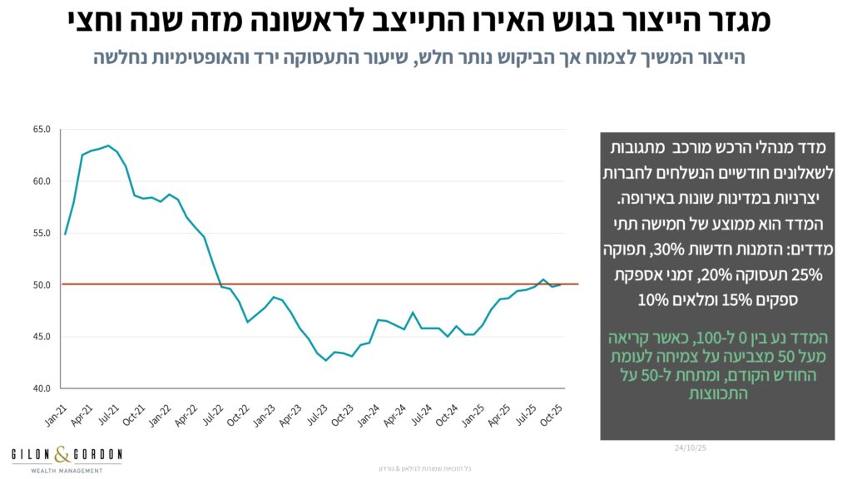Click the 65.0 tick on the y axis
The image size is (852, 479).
pyautogui.click(x=41, y=130)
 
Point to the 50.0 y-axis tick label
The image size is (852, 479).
pyautogui.click(x=41, y=285)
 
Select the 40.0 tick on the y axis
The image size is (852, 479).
pyautogui.click(x=41, y=388)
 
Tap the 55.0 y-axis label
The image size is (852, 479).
pyautogui.click(x=41, y=234)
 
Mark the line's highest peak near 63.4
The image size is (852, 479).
pyautogui.click(x=108, y=146)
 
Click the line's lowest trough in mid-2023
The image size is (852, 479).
pyautogui.click(x=326, y=360)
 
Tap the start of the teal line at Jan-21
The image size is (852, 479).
pyautogui.click(x=65, y=234)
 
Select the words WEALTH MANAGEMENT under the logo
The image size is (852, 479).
pyautogui.click(x=67, y=470)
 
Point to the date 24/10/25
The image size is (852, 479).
pyautogui.click(x=691, y=447)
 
